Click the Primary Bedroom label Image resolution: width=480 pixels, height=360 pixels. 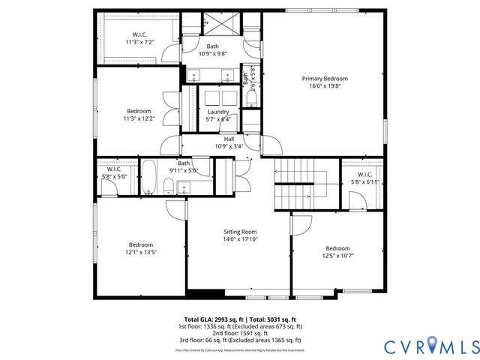pos(325,79)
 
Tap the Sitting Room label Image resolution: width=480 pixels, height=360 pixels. pos(240,232)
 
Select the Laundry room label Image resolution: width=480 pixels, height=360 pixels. pos(218,112)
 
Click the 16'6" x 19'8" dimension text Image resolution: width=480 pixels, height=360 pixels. pos(325,86)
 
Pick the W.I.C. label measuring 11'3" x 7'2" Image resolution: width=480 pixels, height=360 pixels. pos(140,34)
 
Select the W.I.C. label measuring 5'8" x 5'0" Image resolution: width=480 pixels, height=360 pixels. pos(114,169)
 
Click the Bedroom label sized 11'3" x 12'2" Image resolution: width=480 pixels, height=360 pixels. pos(139,111)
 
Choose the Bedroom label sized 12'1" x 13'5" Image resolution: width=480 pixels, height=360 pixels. pos(140,244)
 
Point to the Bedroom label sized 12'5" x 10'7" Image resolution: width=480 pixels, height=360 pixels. pos(337,248)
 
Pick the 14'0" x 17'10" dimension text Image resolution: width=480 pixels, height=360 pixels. pos(240,240)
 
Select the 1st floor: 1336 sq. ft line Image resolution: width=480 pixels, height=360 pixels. pos(240,326)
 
